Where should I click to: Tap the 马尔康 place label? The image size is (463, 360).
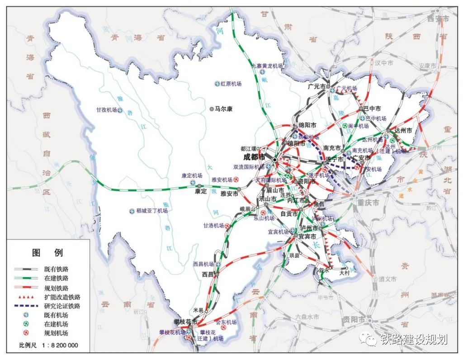(x=226, y=109)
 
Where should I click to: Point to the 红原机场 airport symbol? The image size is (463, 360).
(x=217, y=84)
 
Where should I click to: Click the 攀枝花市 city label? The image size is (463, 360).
(x=185, y=322)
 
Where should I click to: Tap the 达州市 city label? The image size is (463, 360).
(x=403, y=130)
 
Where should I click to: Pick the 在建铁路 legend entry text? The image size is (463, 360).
(x=57, y=278)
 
